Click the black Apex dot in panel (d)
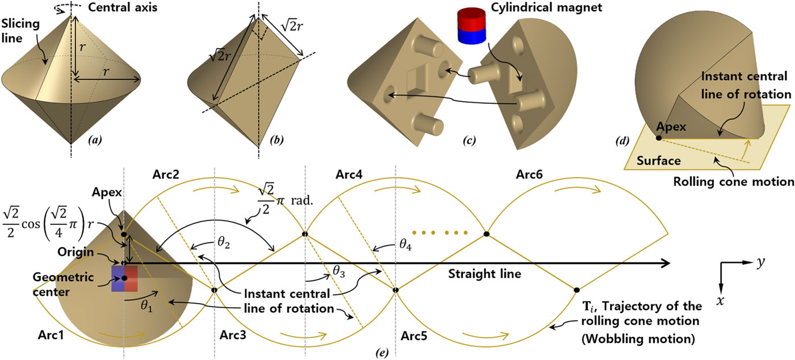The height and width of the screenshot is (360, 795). coord(659,138)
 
